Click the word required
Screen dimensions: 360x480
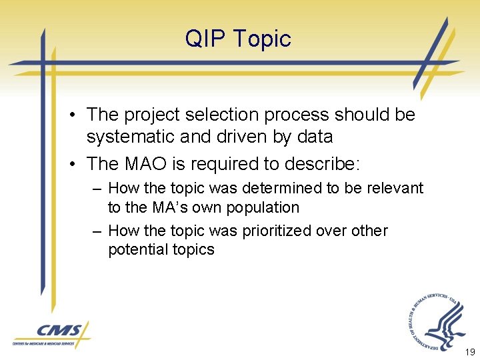231,163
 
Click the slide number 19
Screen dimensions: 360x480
469,352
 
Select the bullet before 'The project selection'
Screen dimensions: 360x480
71,115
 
